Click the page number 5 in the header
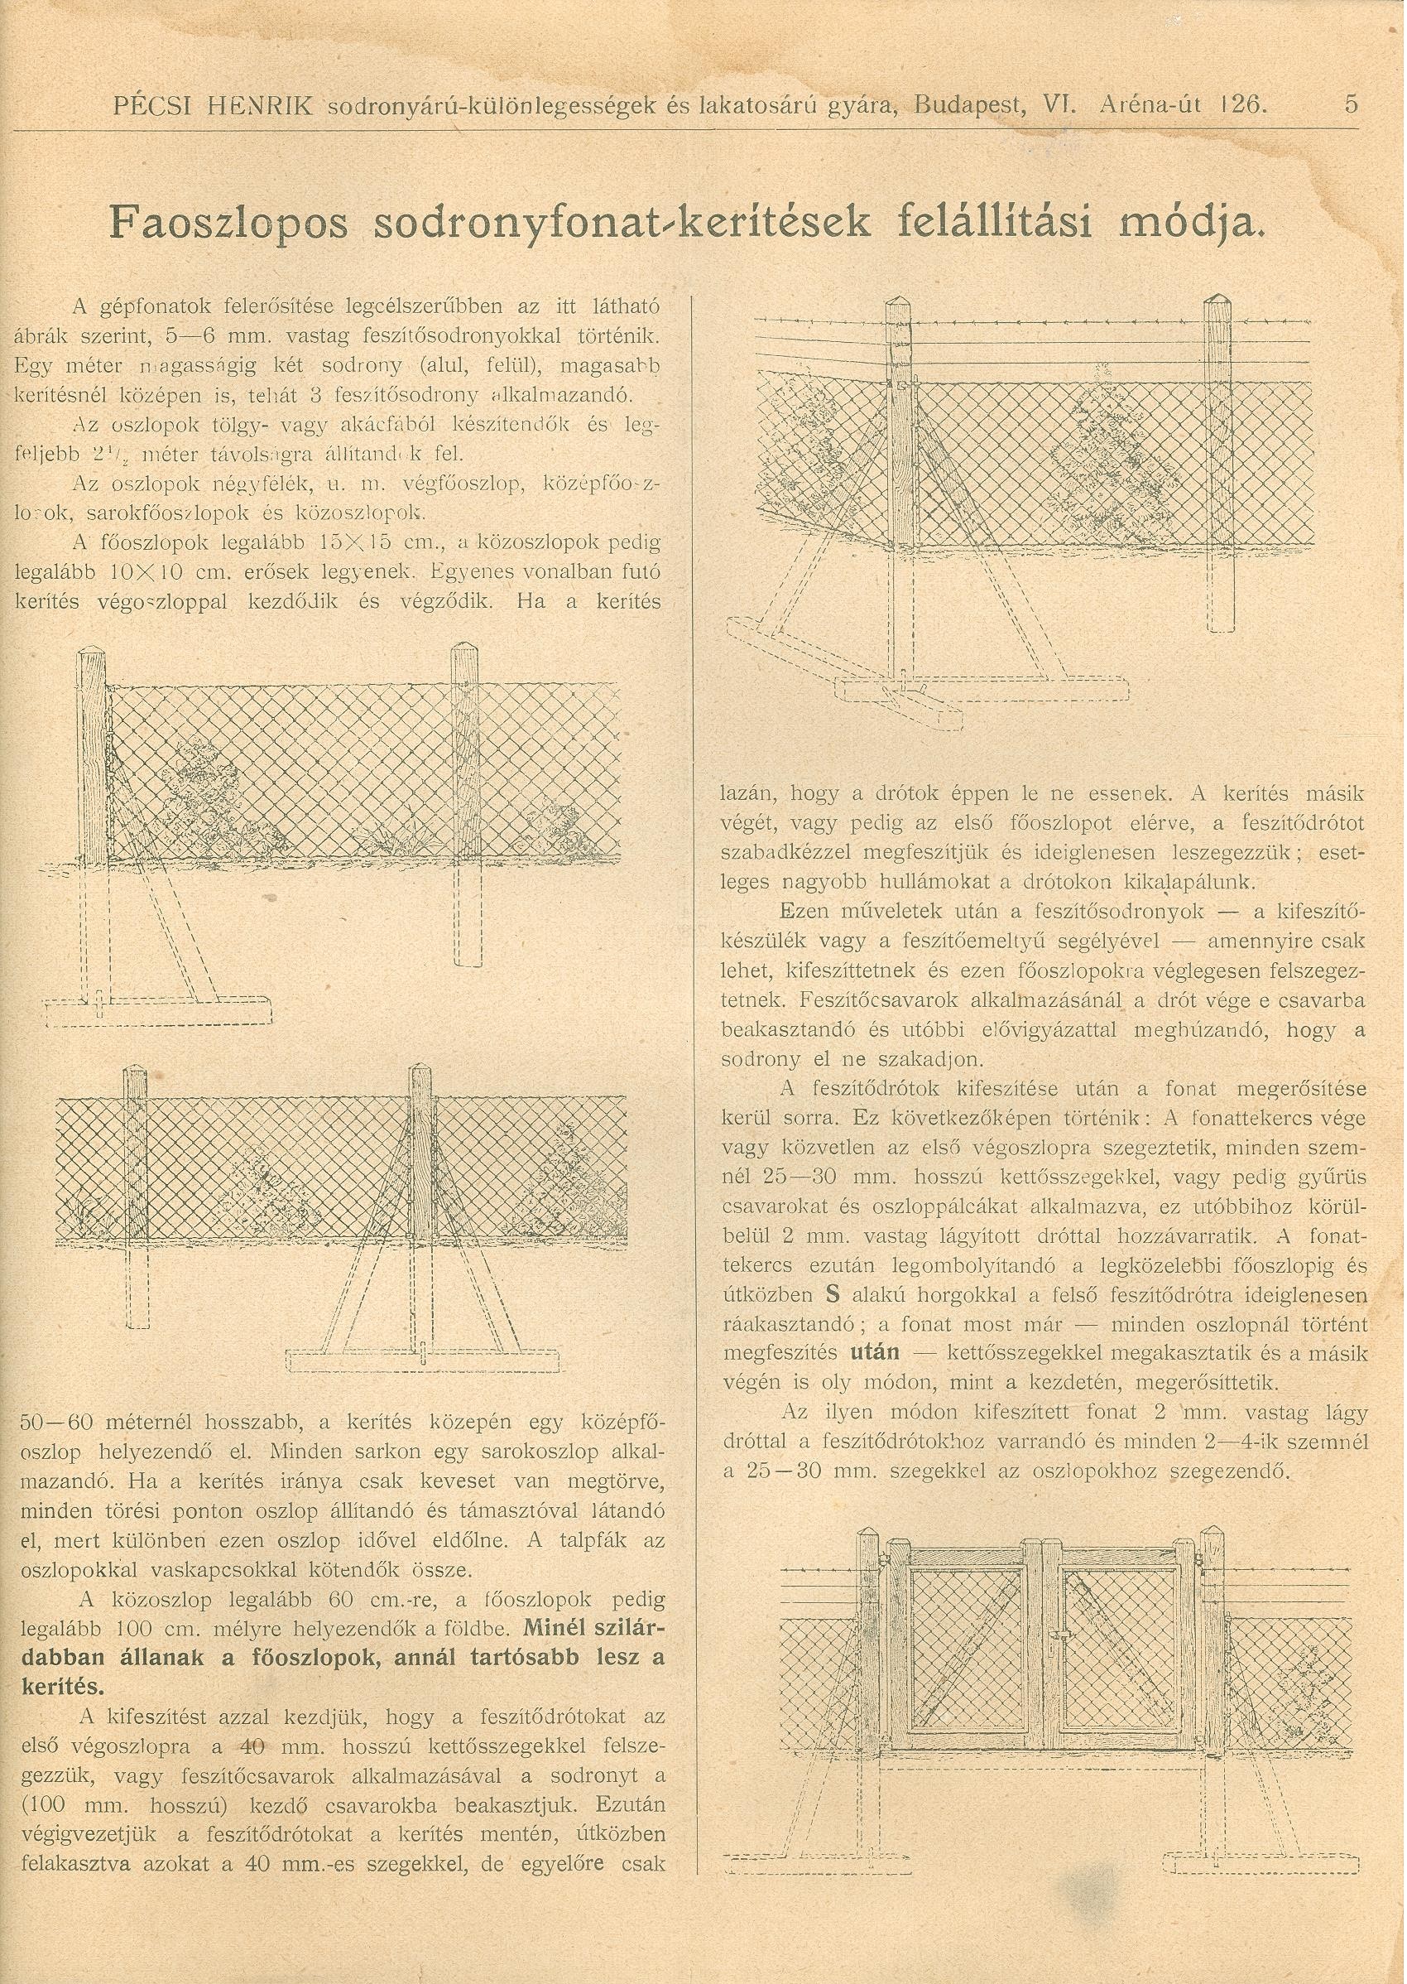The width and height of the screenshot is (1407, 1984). click(x=1351, y=105)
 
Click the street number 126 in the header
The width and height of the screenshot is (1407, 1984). click(x=1245, y=106)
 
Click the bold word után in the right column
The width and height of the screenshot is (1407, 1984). click(x=875, y=1351)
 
